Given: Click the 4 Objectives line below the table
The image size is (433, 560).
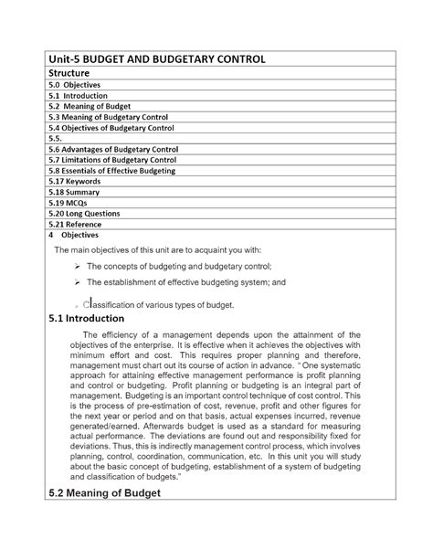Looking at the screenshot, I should (78, 235).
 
